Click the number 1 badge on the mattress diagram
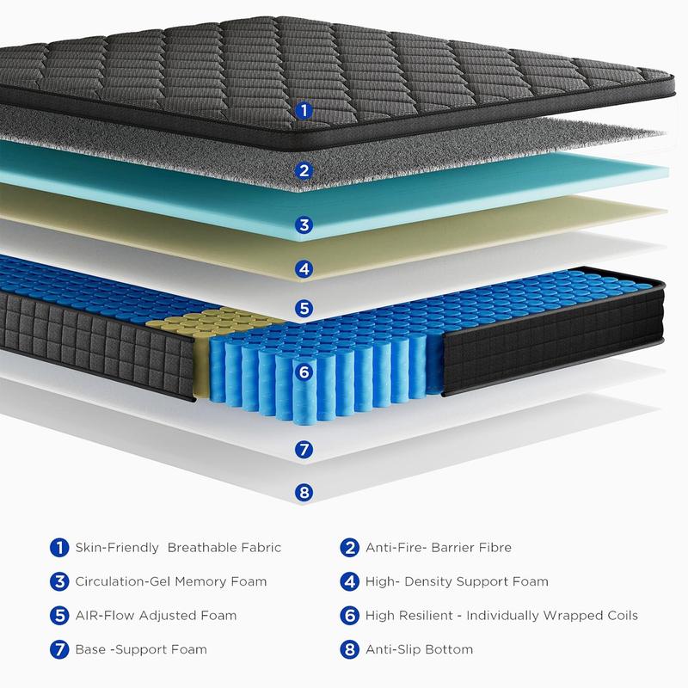tap(303, 110)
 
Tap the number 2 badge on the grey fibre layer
tap(303, 169)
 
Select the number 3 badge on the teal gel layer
tap(303, 225)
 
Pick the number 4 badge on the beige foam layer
tap(303, 269)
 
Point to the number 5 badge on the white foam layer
tap(303, 308)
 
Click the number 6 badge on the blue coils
tap(303, 373)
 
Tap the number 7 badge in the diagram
tap(303, 449)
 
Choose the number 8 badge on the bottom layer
tap(303, 493)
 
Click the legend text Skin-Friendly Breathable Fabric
tap(178, 547)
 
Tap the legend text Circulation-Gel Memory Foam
tap(171, 581)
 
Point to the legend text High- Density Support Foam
tap(456, 581)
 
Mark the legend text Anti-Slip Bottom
tap(419, 649)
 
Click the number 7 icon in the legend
tap(59, 649)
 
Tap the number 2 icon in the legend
tap(349, 547)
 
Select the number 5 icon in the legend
tap(59, 616)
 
